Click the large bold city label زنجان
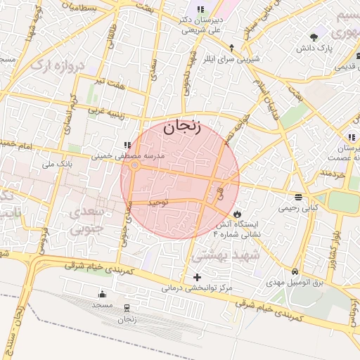pos(181,129)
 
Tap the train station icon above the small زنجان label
pos(127,308)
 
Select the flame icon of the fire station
pos(238,212)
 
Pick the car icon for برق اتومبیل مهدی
pos(295,271)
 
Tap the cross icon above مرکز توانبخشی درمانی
pos(196,277)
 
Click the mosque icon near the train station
pos(103,294)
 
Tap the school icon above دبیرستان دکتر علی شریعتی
pos(200,10)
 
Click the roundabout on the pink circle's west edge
pos(134,165)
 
